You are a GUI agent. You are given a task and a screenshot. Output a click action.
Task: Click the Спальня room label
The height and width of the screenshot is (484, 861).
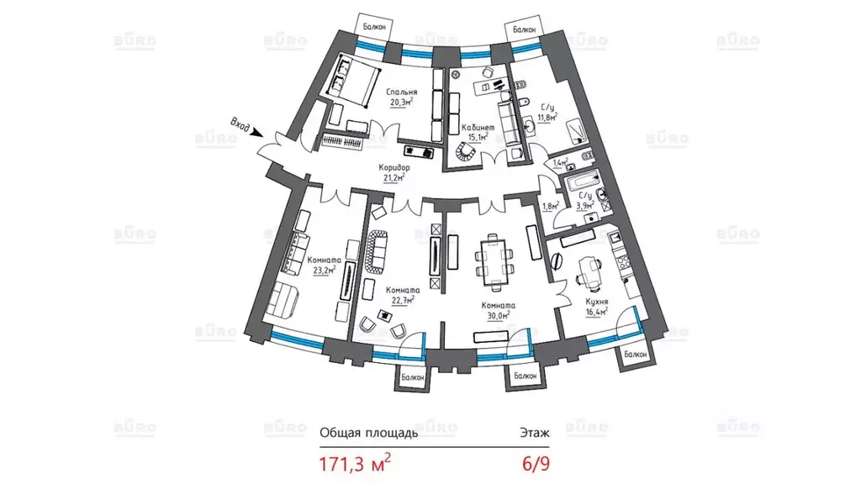(x=401, y=92)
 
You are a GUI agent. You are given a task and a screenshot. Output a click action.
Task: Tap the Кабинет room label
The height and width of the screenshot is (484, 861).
(x=478, y=128)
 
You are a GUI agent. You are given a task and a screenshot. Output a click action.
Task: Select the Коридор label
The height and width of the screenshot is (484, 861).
(x=394, y=167)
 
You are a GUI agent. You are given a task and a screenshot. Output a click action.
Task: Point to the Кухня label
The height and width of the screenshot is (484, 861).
(x=597, y=302)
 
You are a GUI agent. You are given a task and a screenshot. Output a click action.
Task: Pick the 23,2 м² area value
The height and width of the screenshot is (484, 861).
(x=324, y=270)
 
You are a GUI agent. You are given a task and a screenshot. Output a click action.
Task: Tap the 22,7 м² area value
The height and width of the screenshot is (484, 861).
(x=403, y=300)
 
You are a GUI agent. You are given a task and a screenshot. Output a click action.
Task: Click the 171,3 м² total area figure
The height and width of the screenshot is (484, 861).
(x=356, y=464)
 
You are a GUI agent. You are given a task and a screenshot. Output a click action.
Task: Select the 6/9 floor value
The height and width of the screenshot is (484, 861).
(x=536, y=464)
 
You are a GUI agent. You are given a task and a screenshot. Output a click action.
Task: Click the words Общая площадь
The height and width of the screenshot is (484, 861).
(x=369, y=433)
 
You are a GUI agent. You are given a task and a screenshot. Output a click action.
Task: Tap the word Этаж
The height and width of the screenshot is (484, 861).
(x=535, y=433)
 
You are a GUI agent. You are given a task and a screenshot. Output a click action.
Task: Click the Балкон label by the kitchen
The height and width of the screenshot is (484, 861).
(x=636, y=355)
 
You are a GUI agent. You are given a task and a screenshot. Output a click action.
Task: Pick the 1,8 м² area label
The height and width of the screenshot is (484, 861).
(x=551, y=207)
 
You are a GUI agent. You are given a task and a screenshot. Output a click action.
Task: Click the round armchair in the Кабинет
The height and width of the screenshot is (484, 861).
(x=467, y=150)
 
